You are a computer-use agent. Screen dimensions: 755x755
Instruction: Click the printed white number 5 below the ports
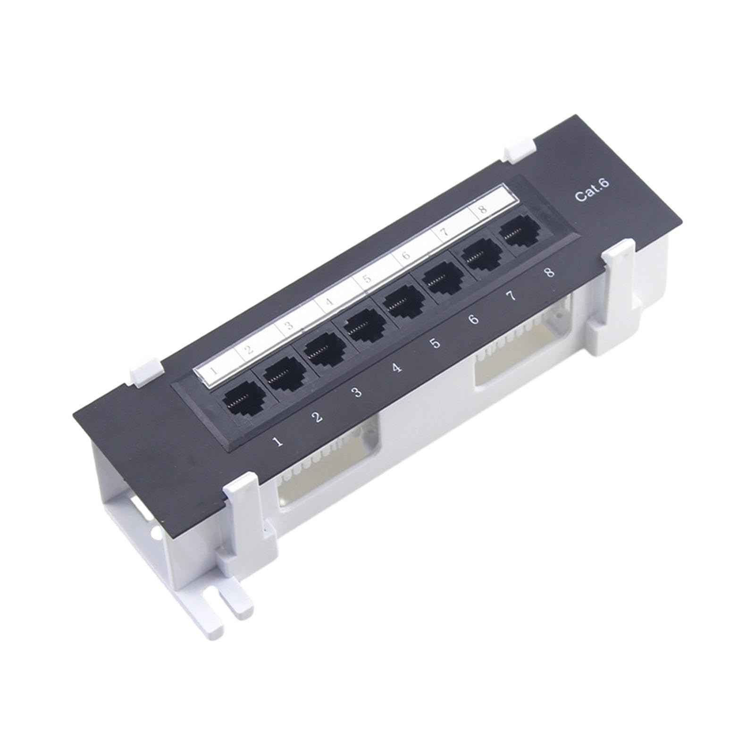[x=435, y=343]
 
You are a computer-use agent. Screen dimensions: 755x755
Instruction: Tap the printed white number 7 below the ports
[x=511, y=296]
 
